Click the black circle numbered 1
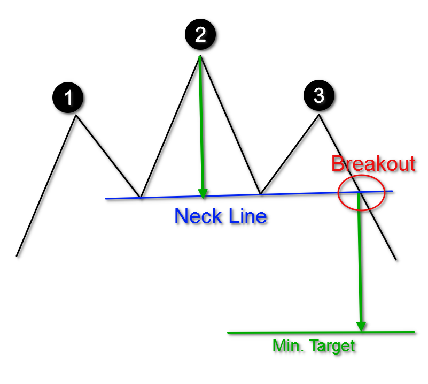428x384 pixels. pos(68,97)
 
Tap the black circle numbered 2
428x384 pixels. pos(200,35)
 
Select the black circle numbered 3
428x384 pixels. pos(318,96)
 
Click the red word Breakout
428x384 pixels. pos(373,163)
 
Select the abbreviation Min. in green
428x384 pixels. pos(287,346)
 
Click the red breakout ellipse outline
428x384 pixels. pos(338,193)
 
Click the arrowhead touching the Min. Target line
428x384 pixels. pos(361,326)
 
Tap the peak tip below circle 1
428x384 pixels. pos(77,115)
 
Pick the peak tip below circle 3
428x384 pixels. pos(319,115)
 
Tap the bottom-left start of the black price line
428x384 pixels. pos(17,255)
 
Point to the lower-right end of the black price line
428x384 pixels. pos(396,260)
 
